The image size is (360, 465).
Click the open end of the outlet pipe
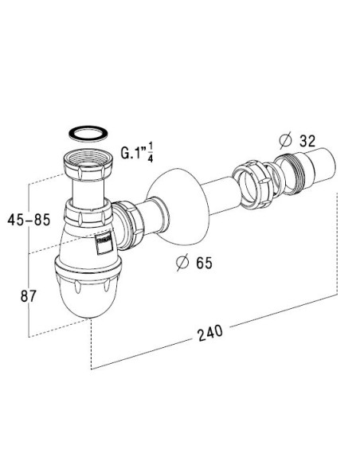coord(323,163)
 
